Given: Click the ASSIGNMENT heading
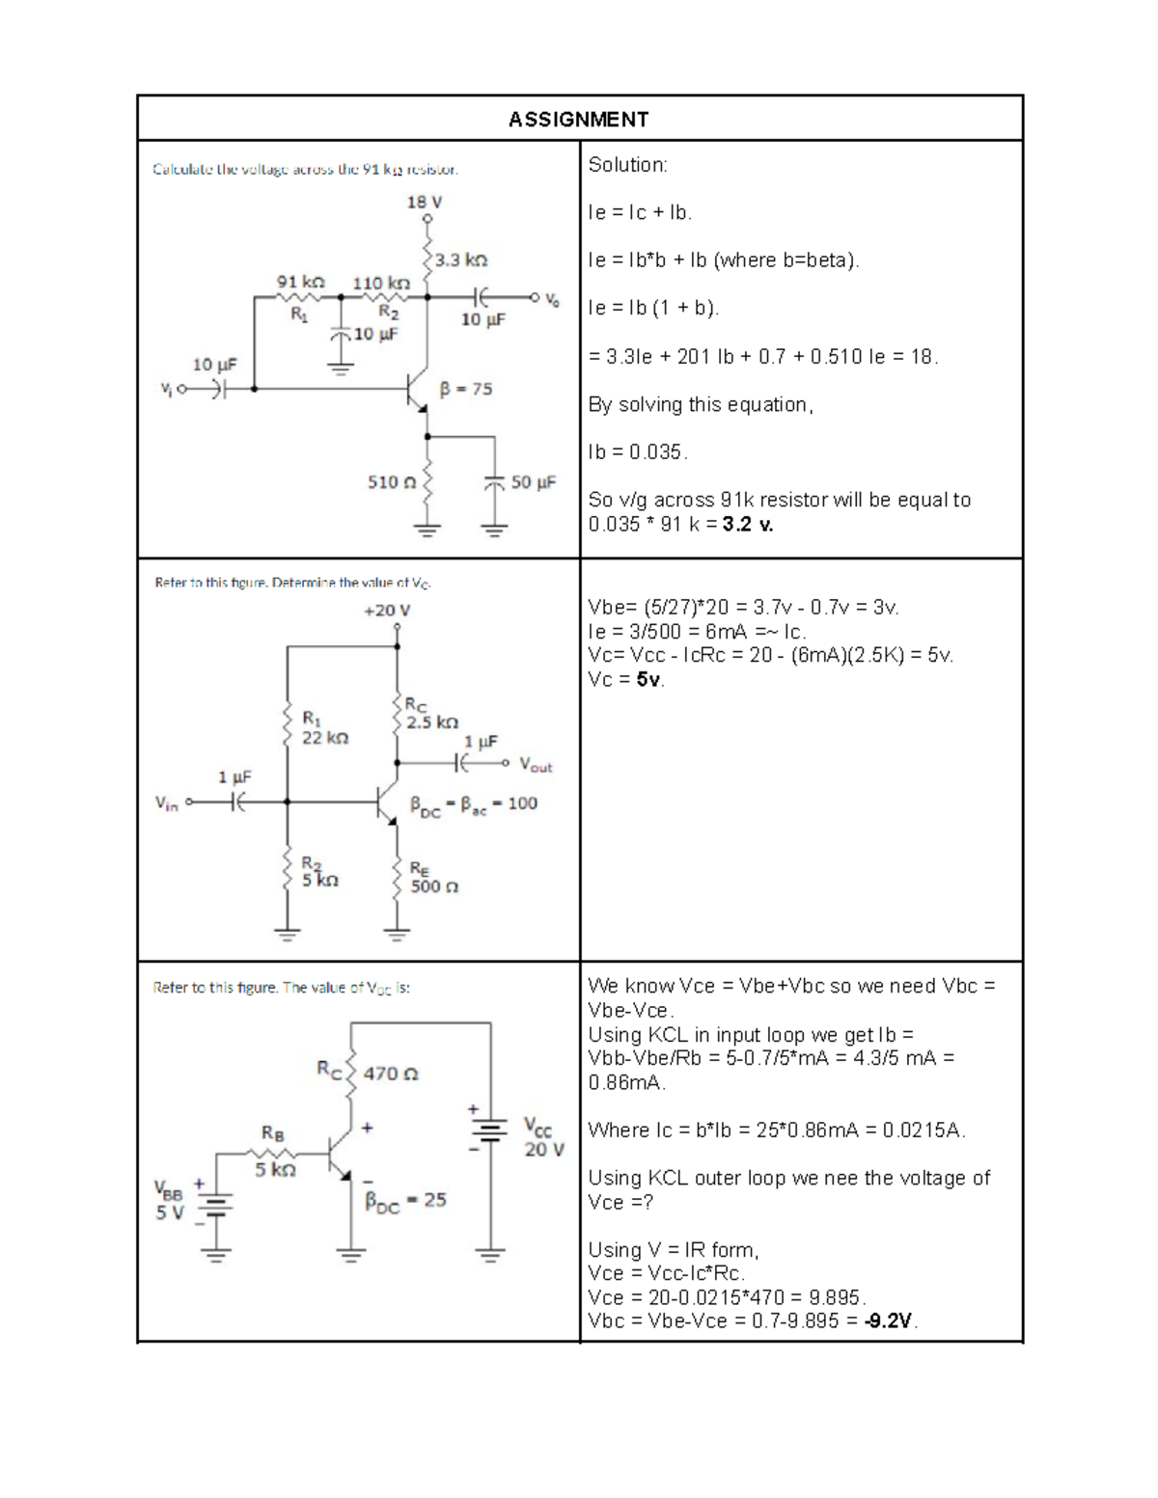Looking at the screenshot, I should [578, 120].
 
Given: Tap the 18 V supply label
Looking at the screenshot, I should [424, 203].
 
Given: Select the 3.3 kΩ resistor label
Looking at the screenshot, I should [461, 260].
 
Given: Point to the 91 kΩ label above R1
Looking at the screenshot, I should [300, 283].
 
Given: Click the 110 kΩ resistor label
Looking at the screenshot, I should [380, 284].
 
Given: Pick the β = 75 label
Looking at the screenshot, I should [466, 390].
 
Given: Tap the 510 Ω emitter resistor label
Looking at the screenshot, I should [392, 482].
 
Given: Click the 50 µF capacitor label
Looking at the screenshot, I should [534, 482].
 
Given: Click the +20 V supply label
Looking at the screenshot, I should [386, 611].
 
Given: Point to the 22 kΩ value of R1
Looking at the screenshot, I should [325, 738].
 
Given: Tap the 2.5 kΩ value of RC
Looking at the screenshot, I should [432, 722].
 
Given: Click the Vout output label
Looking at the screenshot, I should [536, 765].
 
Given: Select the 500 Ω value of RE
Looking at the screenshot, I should [434, 886].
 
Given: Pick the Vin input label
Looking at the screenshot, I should [167, 803].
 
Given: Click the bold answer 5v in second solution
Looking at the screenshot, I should [648, 680].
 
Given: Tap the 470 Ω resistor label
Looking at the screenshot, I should [391, 1074].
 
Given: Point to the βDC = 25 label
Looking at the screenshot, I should [405, 1201].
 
